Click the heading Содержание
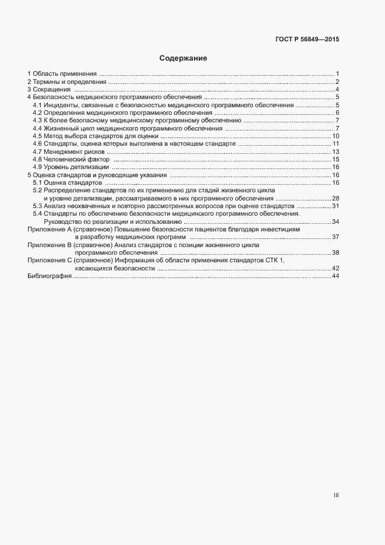click(x=183, y=59)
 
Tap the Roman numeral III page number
click(x=336, y=495)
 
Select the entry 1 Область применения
click(x=62, y=73)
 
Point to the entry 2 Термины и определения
click(x=66, y=82)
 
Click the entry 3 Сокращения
click(x=49, y=89)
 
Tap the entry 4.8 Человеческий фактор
click(x=71, y=159)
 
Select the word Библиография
click(x=50, y=276)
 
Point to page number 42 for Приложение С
click(x=335, y=268)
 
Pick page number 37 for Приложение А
click(x=335, y=237)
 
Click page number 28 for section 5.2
click(x=335, y=198)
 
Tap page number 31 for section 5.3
click(x=335, y=206)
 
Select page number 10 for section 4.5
click(x=335, y=136)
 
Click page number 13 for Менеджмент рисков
click(x=335, y=152)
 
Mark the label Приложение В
click(x=49, y=245)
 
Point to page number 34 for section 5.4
click(x=335, y=221)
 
